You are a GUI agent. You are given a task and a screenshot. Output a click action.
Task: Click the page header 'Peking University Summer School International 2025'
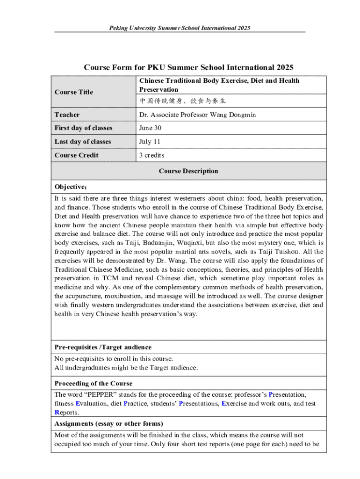(x=180, y=28)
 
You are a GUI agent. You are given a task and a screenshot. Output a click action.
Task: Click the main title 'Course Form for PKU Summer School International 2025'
(x=188, y=67)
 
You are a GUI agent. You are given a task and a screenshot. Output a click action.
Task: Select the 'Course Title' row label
(x=73, y=92)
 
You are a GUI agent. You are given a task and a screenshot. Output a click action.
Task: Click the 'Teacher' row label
(x=67, y=115)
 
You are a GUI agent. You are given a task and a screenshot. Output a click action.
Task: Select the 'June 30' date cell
(x=150, y=128)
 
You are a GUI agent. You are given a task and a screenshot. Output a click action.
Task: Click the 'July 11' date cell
(x=149, y=142)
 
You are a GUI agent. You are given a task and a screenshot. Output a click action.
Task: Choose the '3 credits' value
(x=151, y=155)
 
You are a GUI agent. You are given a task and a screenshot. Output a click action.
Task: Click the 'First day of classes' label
(x=83, y=128)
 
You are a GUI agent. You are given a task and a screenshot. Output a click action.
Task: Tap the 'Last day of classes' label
(x=83, y=142)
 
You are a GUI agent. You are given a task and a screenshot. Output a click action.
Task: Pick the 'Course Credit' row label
(x=76, y=155)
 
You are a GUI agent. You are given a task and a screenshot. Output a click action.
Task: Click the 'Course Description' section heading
(x=188, y=171)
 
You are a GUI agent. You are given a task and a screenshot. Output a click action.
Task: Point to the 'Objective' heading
(x=71, y=187)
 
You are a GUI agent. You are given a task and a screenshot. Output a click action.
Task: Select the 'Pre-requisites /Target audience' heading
(x=103, y=347)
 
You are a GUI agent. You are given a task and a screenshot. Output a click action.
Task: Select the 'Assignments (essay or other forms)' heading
(x=108, y=424)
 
